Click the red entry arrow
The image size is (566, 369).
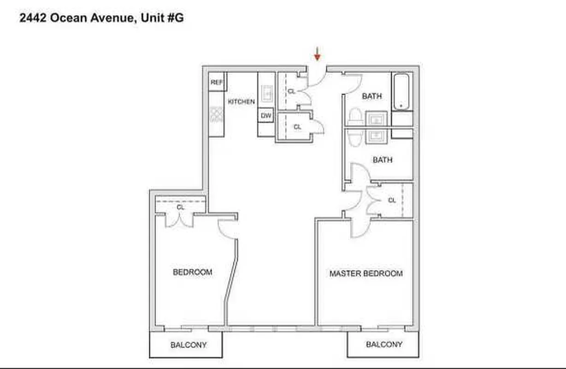point(317,54)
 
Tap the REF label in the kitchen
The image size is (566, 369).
point(216,83)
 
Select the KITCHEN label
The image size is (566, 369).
point(241,101)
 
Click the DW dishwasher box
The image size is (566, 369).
point(266,116)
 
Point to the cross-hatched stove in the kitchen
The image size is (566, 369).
point(216,114)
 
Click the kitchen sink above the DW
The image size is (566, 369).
point(267,94)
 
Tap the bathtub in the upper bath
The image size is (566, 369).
point(401,91)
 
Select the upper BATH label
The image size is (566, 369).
point(371,96)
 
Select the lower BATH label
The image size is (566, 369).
point(382,160)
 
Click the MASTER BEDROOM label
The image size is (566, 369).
point(366,274)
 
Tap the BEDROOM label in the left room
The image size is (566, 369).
point(192,272)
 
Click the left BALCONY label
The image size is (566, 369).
point(188,345)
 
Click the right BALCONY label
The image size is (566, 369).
point(384,345)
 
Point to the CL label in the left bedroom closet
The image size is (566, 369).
point(180,208)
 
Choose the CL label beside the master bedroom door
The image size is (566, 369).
point(392,201)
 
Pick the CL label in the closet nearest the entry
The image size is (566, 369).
point(291,91)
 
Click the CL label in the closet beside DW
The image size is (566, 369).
point(297,127)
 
